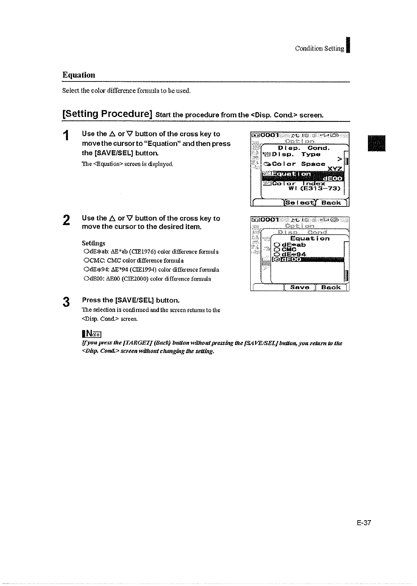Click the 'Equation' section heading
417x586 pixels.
click(79, 75)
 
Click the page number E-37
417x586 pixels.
click(364, 523)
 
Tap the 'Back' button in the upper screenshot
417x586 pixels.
click(331, 203)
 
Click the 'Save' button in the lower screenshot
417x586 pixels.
click(300, 287)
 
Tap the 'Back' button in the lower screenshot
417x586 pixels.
click(331, 287)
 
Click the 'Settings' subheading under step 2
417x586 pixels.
click(93, 243)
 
